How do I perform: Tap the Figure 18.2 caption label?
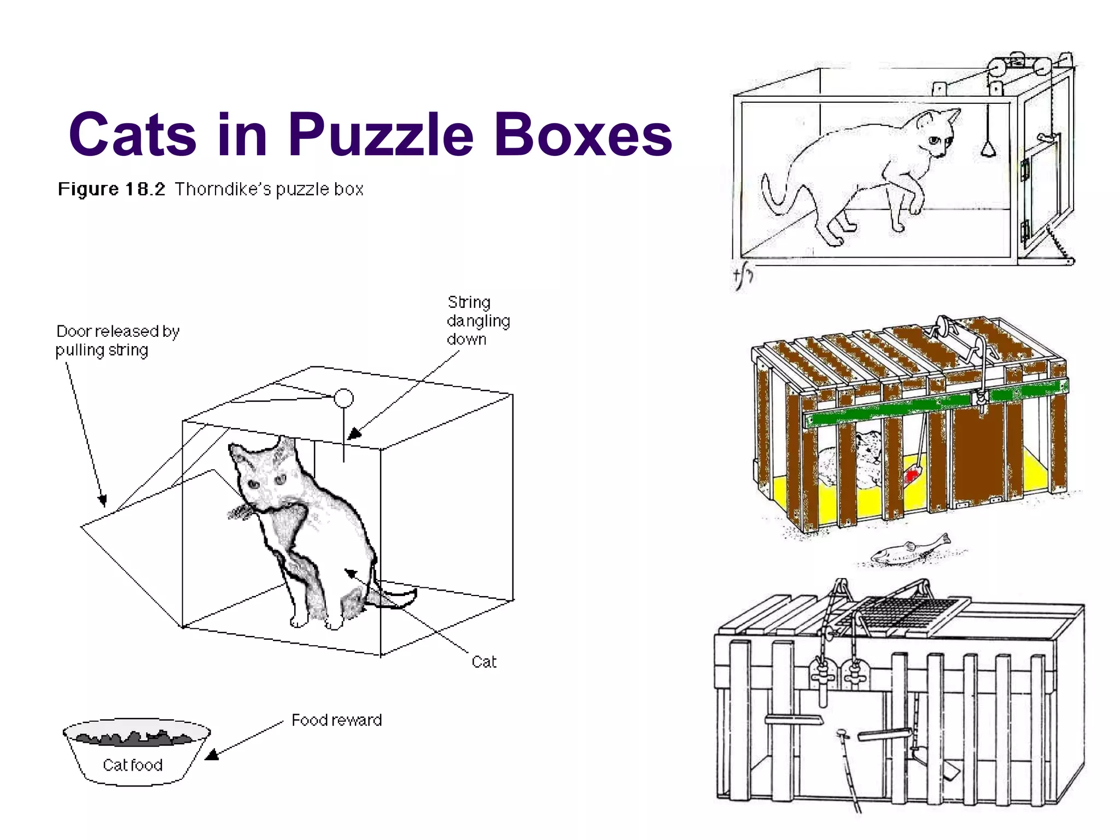[112, 189]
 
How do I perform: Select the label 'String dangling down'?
[477, 320]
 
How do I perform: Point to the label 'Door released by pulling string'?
[117, 340]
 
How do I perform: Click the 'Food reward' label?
[336, 720]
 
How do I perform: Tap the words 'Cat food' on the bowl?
[132, 765]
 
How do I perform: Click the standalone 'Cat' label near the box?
[484, 662]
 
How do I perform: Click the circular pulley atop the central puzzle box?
[343, 398]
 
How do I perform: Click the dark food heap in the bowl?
[134, 738]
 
